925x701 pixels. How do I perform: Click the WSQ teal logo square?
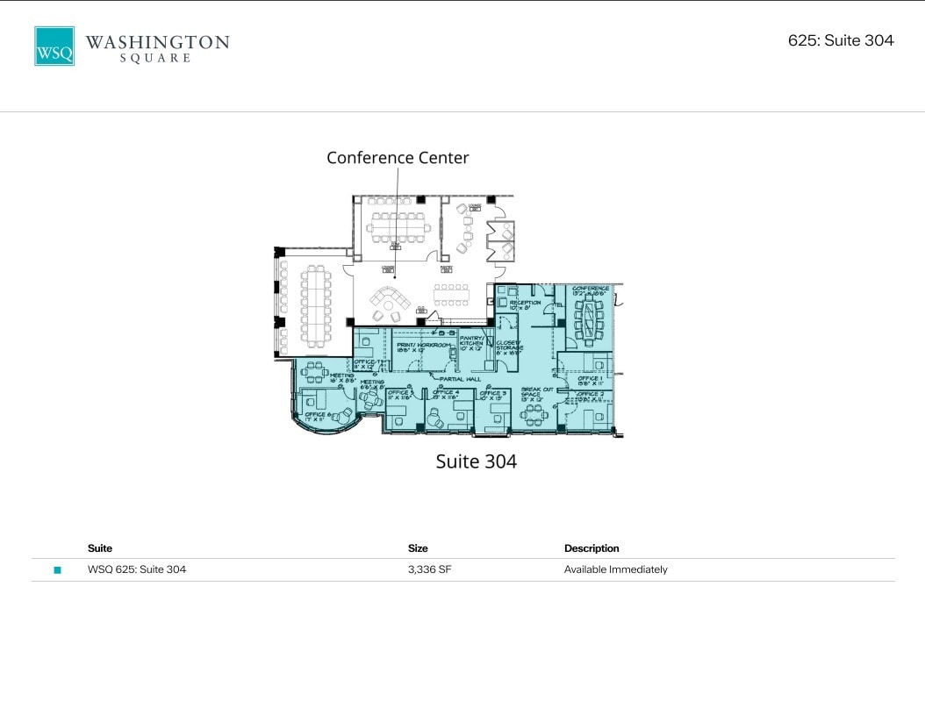[54, 46]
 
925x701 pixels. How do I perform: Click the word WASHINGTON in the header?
[157, 41]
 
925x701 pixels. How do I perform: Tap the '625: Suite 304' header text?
[840, 40]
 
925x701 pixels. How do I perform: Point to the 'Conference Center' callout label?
[398, 158]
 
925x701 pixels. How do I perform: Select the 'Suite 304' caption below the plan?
[476, 461]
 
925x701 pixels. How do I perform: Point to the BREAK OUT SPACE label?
[536, 392]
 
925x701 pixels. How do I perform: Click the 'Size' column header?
[418, 548]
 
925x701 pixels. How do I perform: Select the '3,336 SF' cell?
[430, 569]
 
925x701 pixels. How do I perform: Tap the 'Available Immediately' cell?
[615, 569]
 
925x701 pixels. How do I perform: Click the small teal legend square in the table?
[58, 570]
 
